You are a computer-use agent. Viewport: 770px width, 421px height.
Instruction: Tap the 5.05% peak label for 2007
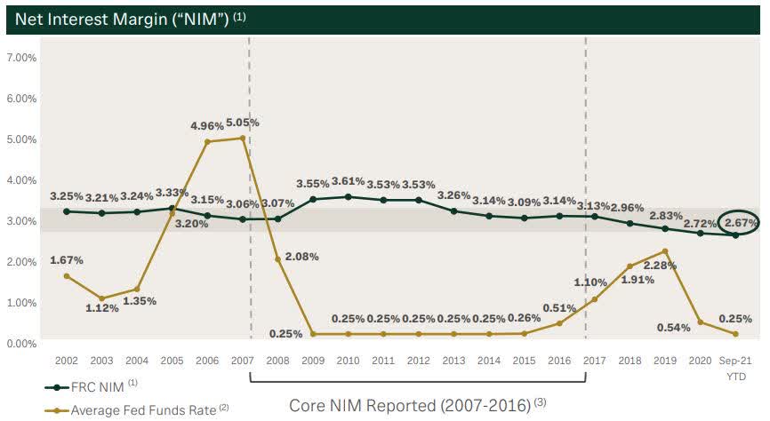[x=242, y=123]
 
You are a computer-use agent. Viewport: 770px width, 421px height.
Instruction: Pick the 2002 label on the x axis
[x=67, y=361]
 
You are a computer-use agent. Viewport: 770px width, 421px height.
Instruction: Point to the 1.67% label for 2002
[x=67, y=259]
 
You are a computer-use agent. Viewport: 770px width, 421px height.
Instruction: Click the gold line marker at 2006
[x=207, y=141]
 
